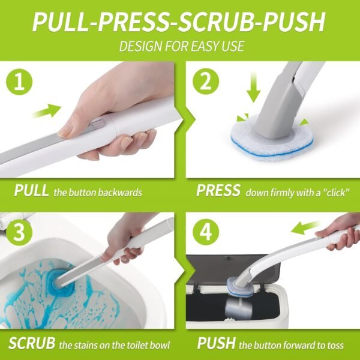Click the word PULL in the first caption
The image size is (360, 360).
click(31, 191)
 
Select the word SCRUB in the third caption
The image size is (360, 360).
click(32, 344)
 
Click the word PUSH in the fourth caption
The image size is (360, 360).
click(216, 344)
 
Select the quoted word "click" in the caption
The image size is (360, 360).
click(334, 192)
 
